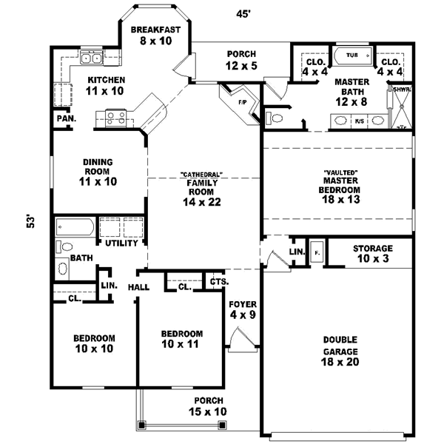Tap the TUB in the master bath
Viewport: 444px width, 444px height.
pos(351,55)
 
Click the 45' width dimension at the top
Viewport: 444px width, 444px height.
pos(241,13)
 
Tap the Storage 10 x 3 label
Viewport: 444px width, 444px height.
pos(372,253)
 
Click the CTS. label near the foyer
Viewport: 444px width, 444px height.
pos(218,282)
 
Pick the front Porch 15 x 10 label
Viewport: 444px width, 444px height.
pos(206,406)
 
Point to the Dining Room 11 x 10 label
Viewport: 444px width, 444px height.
pos(99,170)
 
